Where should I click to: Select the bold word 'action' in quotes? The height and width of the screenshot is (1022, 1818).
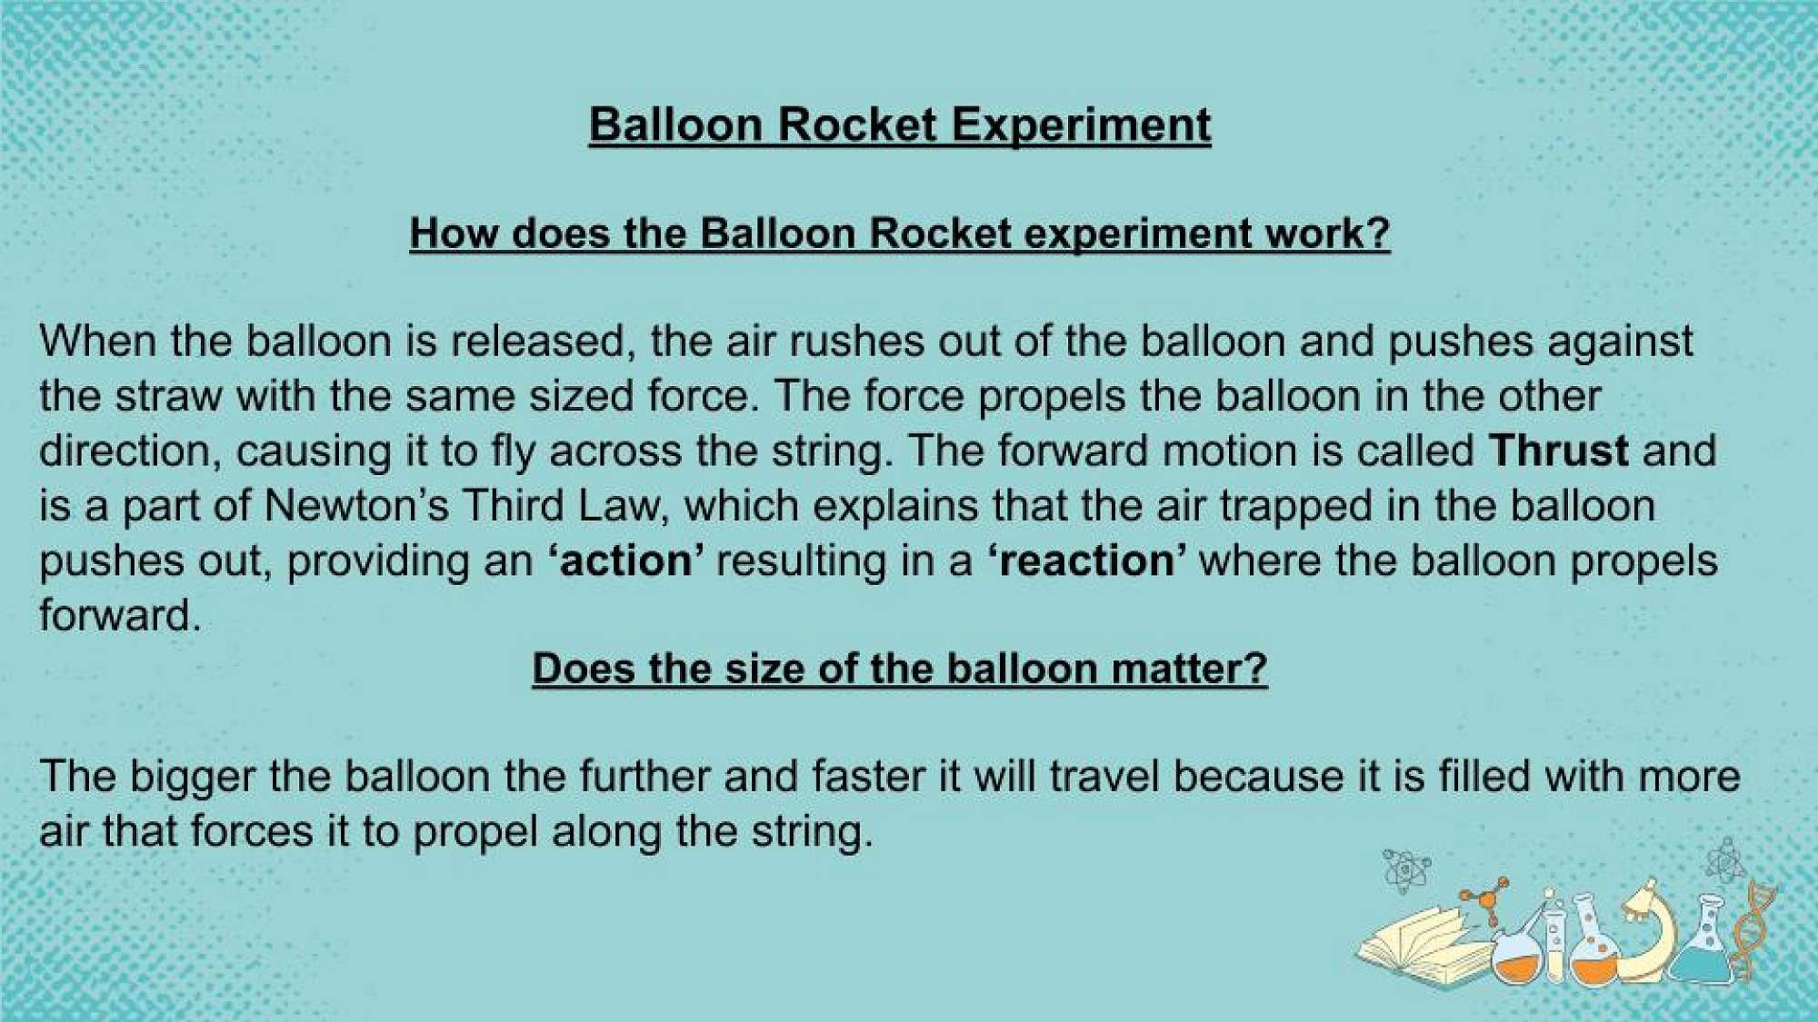tap(625, 561)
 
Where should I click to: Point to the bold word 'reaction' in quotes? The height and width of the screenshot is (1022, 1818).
tap(1086, 561)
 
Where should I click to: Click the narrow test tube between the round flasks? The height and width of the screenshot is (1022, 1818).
tap(1553, 940)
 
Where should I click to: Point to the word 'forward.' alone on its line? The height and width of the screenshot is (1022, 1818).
tap(120, 616)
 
